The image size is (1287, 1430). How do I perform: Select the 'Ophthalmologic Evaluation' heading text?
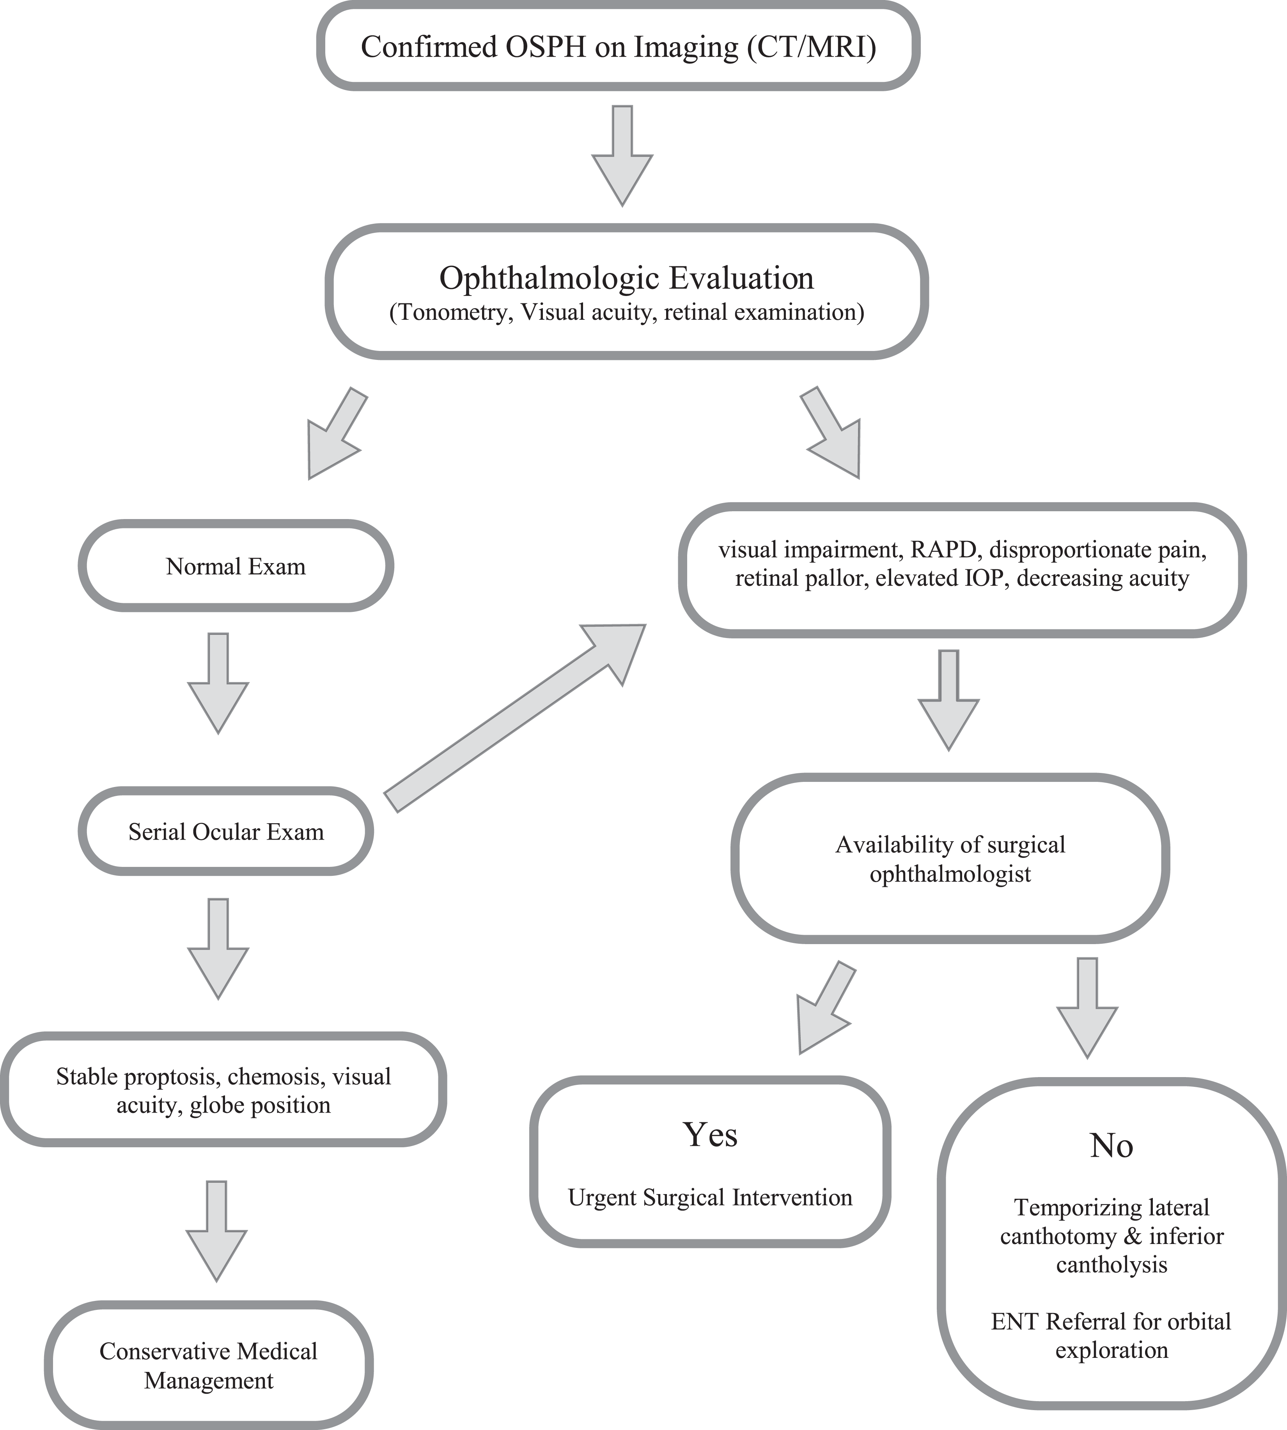click(x=626, y=278)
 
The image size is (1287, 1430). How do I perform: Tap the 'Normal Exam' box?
click(x=236, y=566)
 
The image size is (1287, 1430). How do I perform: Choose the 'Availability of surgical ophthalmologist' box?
click(x=950, y=859)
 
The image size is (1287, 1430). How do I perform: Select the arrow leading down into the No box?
click(x=1087, y=1008)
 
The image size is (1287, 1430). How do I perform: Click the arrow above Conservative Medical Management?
click(x=216, y=1231)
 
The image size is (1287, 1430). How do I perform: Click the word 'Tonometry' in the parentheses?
click(x=451, y=312)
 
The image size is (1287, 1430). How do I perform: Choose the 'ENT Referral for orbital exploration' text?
click(x=1111, y=1335)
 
